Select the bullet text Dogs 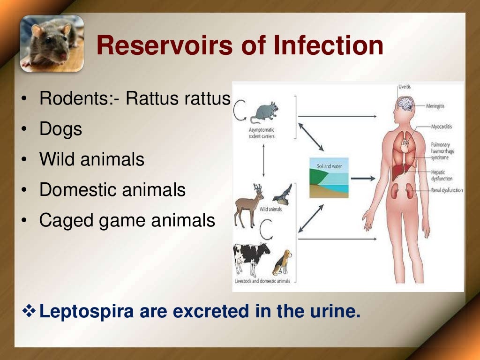60,129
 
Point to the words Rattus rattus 179,99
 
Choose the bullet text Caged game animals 127,220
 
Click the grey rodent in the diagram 264,112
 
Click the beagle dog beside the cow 283,262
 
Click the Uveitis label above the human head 404,87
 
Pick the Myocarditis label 442,127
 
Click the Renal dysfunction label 447,190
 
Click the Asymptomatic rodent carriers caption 262,133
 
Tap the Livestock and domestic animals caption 262,281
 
